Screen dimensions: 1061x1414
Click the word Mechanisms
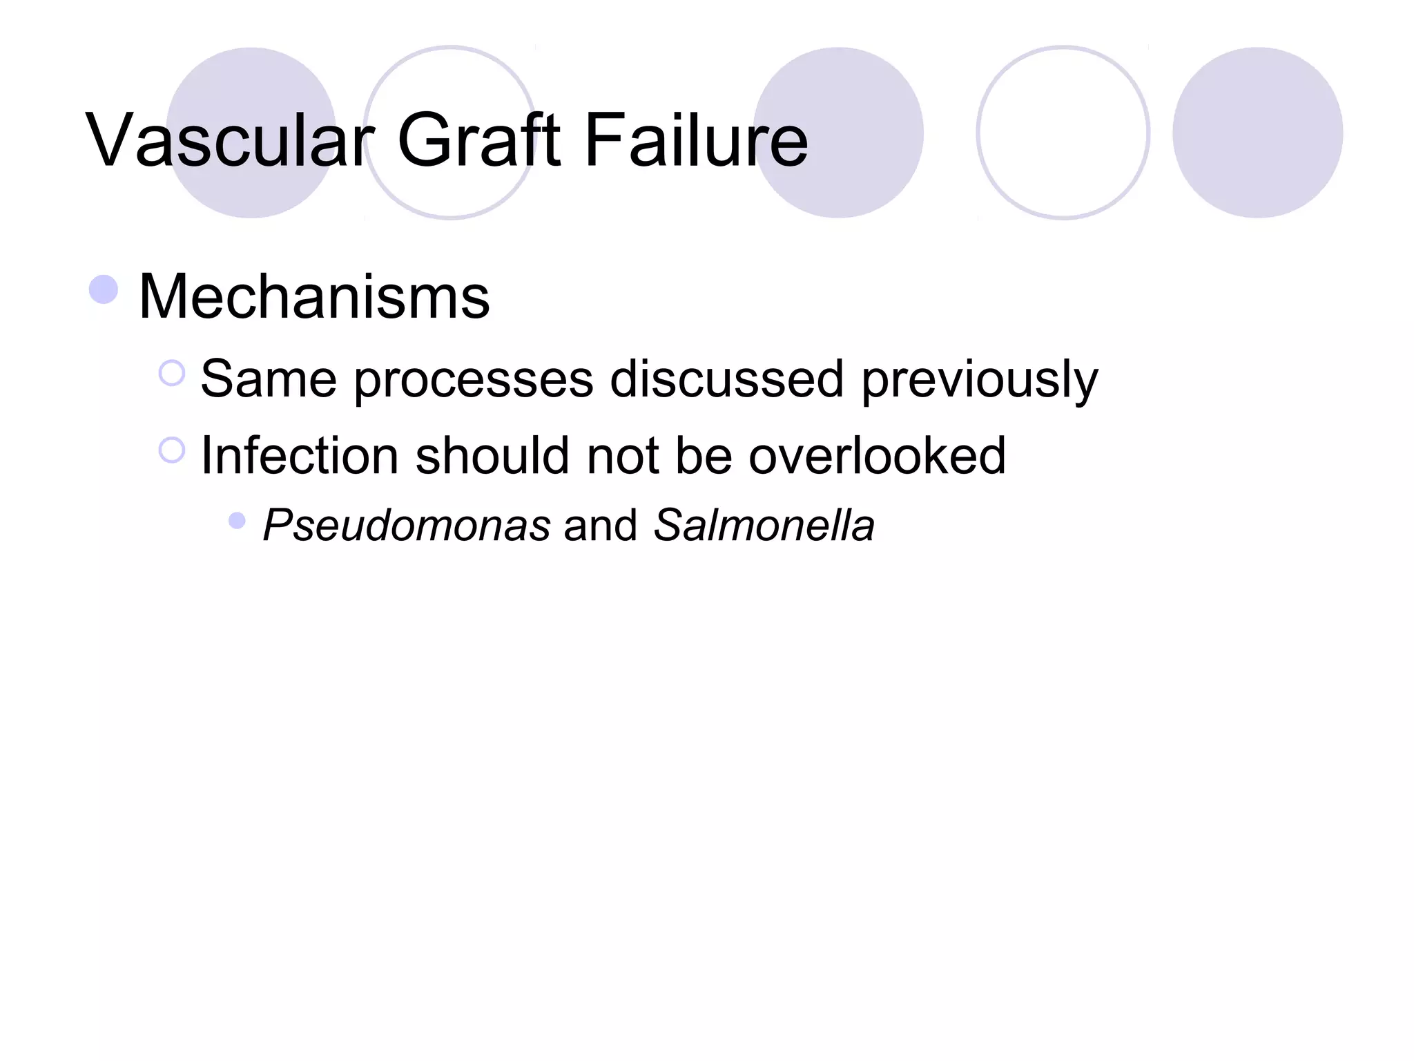pyautogui.click(x=314, y=297)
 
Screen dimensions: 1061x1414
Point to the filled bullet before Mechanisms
pyautogui.click(x=104, y=289)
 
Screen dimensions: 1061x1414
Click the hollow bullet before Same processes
pyautogui.click(x=172, y=374)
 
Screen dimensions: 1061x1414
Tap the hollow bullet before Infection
pyautogui.click(x=172, y=450)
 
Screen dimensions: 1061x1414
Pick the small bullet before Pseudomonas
pyautogui.click(x=237, y=520)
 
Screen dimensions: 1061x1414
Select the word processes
pyautogui.click(x=474, y=380)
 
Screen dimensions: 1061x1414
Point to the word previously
pyautogui.click(x=980, y=380)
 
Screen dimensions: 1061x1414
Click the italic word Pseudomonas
pyautogui.click(x=407, y=525)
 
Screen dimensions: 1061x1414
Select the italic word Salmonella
pyautogui.click(x=764, y=525)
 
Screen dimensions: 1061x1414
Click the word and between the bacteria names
pyautogui.click(x=601, y=525)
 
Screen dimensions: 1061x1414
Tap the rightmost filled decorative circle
pyautogui.click(x=1257, y=133)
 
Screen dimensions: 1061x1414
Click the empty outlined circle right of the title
pyautogui.click(x=1063, y=133)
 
